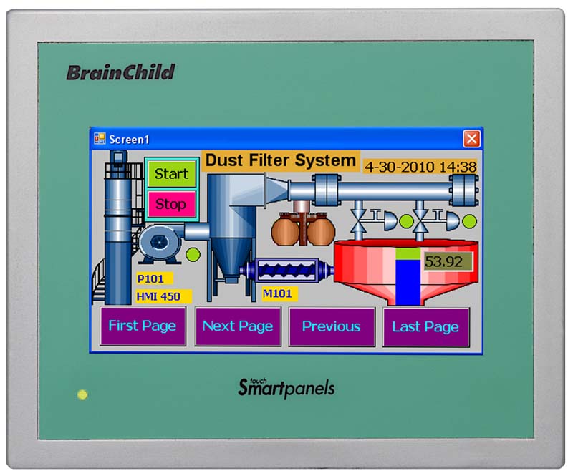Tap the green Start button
(x=171, y=174)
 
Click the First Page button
(x=143, y=326)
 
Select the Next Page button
(x=238, y=326)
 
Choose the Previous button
(x=332, y=326)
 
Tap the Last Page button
(x=426, y=327)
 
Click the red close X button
(x=471, y=139)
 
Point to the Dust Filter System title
(x=281, y=161)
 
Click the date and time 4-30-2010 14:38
(x=420, y=167)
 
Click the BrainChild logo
(x=120, y=72)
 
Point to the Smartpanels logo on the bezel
(x=286, y=387)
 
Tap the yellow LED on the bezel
(x=82, y=394)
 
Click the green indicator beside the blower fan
(x=193, y=254)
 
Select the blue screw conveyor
(x=287, y=271)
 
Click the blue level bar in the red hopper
(x=408, y=281)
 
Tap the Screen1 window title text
(x=130, y=140)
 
